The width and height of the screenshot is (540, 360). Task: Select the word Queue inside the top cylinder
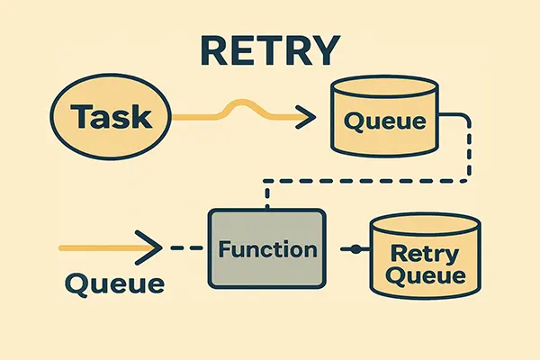(x=385, y=121)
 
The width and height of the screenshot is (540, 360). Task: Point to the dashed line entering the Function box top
(x=265, y=196)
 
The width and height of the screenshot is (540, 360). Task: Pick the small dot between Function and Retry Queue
(x=355, y=247)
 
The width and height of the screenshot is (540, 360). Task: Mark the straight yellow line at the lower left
(x=99, y=247)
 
